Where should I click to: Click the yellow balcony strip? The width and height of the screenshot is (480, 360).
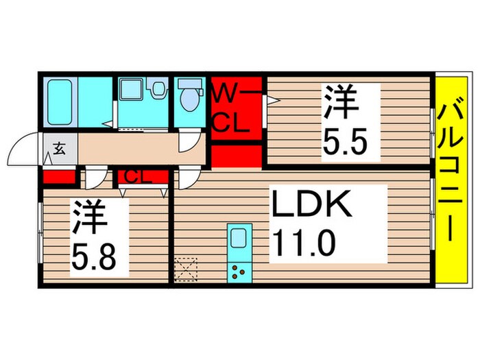[x=451, y=180]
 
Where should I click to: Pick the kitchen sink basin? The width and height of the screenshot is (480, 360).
[x=239, y=239]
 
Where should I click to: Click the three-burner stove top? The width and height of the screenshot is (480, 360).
[x=239, y=272]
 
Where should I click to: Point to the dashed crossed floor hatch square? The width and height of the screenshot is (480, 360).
[x=186, y=269]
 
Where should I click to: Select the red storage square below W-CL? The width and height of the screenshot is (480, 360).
[x=236, y=156]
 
